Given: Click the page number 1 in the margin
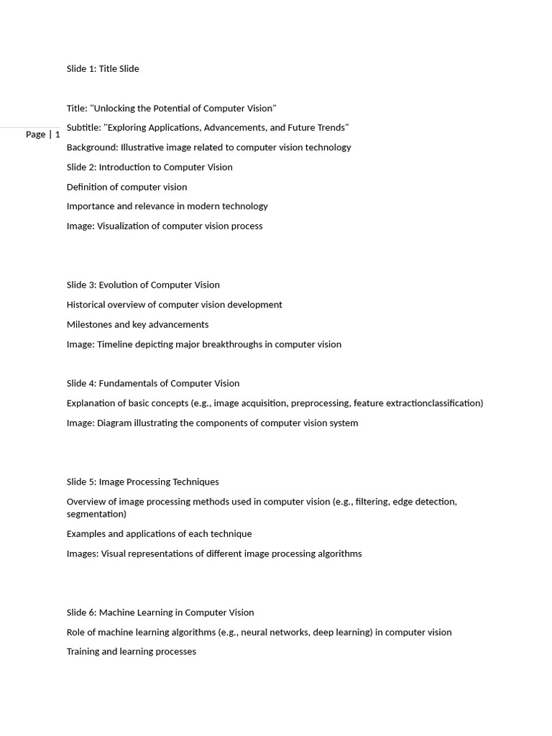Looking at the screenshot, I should [x=57, y=134].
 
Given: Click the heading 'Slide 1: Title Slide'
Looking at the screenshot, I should [x=103, y=69].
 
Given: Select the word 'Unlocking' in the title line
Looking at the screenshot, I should [x=114, y=109].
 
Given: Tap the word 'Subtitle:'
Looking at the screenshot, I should [x=83, y=128].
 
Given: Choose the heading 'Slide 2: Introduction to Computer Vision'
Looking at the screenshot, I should [x=149, y=167].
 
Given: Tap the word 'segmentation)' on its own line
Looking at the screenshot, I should [x=96, y=515].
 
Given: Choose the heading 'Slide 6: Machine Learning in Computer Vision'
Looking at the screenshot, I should [x=160, y=613].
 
